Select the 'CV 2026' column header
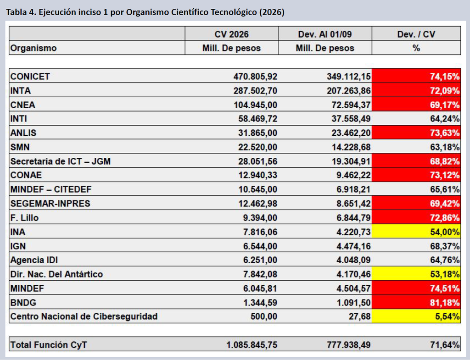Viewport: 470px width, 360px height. tap(231, 34)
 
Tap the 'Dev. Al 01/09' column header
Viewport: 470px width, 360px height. tap(325, 34)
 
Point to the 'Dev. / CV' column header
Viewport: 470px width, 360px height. tap(416, 34)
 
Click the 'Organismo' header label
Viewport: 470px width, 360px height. tap(34, 48)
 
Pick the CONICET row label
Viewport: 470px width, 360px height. tap(30, 77)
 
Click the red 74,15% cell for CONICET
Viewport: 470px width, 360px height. tap(416, 76)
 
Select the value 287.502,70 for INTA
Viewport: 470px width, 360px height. tap(255, 90)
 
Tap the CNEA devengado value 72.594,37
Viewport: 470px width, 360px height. tap(351, 105)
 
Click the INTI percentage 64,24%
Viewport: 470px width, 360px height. tap(445, 119)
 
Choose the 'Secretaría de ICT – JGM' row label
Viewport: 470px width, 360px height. tap(61, 161)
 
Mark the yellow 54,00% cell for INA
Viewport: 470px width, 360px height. tap(416, 232)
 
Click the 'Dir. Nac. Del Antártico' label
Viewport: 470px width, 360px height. tap(56, 274)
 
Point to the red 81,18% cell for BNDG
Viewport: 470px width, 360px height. tap(416, 302)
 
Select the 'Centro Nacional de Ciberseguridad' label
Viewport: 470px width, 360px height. tap(84, 316)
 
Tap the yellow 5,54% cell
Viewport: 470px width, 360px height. tap(416, 316)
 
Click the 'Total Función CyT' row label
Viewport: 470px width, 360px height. tap(49, 345)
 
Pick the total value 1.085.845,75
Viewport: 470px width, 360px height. tap(252, 345)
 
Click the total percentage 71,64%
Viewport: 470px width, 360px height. tap(445, 345)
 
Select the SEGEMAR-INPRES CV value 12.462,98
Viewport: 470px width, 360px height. tap(258, 204)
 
